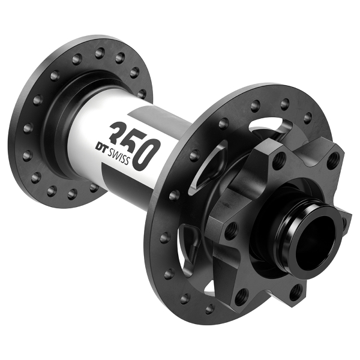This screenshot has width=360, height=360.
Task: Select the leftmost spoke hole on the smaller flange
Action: [x=26, y=128]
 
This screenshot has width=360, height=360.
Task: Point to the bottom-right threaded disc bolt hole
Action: [x=295, y=292]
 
